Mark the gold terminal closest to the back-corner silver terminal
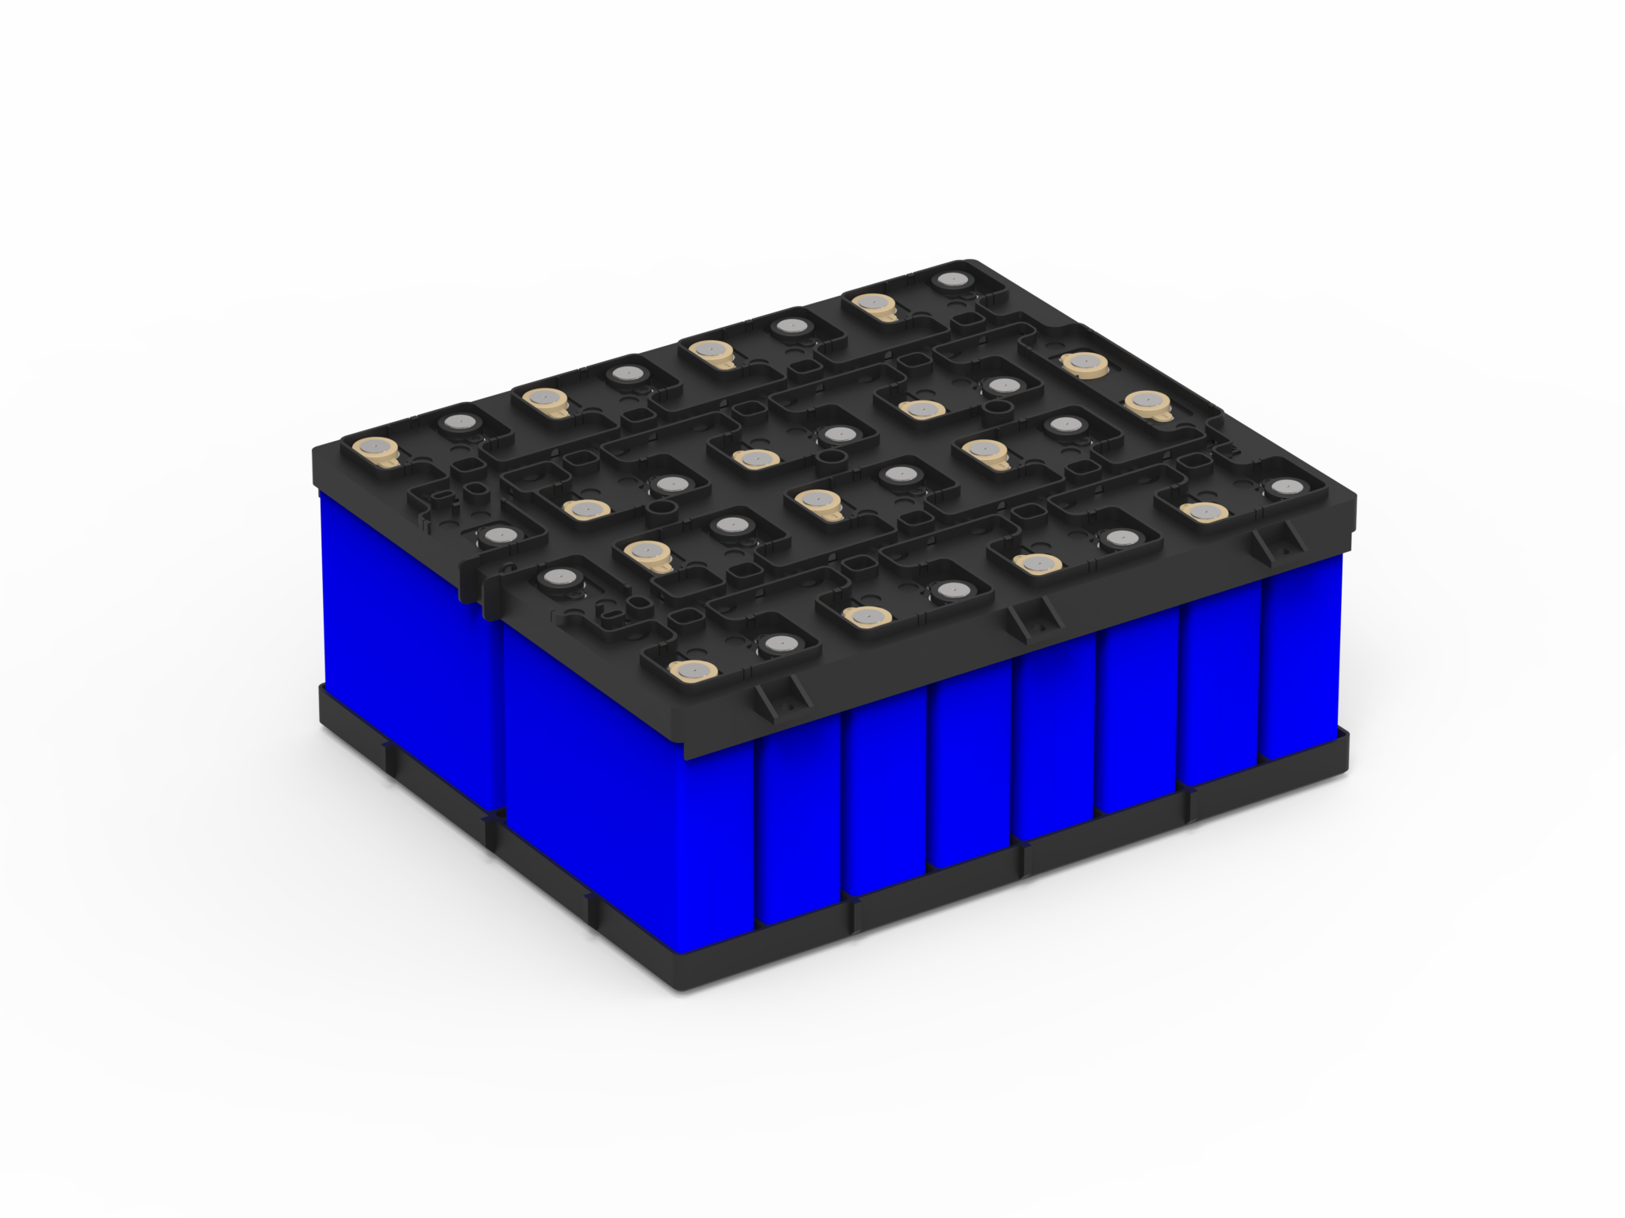pos(872,303)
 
